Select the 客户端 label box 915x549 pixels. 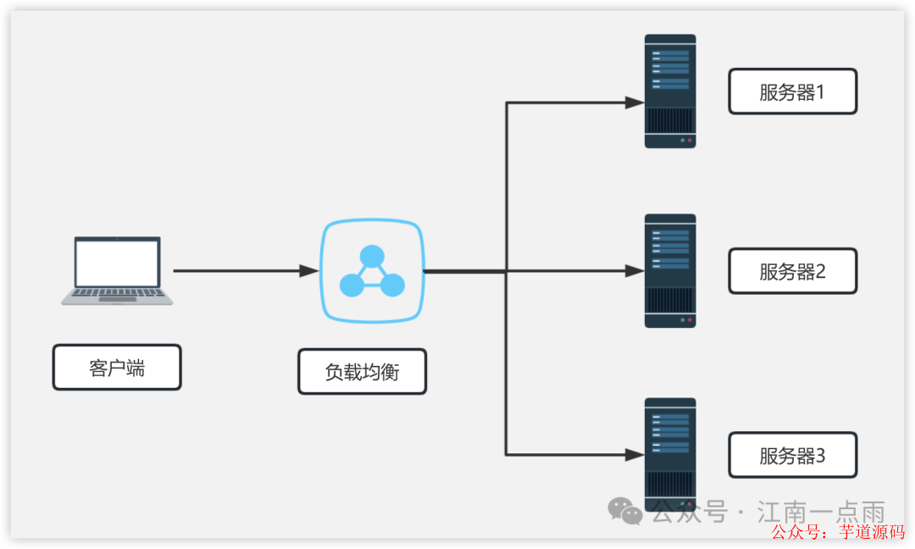tap(117, 367)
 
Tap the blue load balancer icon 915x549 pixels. tap(371, 272)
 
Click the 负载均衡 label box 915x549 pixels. tap(362, 372)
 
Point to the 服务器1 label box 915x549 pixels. tap(792, 91)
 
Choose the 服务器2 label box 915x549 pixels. tap(792, 271)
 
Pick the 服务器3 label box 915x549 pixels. tap(792, 455)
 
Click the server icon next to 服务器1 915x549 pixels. tap(669, 91)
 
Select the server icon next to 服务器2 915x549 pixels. tap(669, 271)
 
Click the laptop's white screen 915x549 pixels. tap(117, 263)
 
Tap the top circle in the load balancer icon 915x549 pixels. tap(371, 256)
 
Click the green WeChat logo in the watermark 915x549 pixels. tap(626, 511)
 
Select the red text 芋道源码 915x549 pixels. tap(872, 532)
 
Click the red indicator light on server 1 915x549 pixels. tap(690, 140)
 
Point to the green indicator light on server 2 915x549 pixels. tap(682, 320)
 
